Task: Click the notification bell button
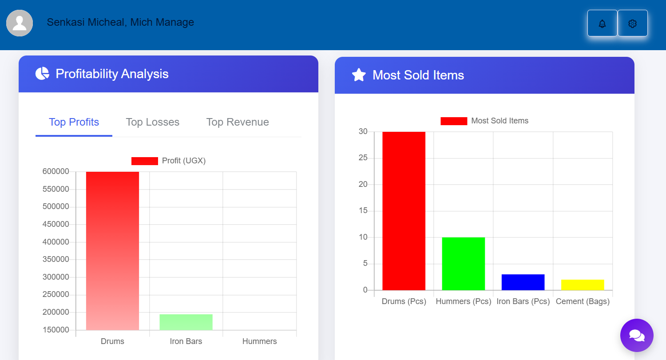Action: (602, 24)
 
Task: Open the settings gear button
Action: (633, 24)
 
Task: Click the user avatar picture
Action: (20, 23)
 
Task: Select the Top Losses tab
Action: (152, 122)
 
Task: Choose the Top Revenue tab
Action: (238, 122)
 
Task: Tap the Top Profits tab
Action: (74, 122)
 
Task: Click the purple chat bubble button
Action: (637, 335)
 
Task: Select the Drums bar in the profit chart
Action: (112, 251)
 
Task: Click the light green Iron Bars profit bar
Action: (186, 322)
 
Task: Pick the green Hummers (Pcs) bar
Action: (463, 264)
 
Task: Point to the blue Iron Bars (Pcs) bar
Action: (523, 282)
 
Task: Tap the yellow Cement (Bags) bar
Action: (583, 285)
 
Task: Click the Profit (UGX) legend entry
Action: (169, 161)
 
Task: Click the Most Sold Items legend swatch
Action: (453, 121)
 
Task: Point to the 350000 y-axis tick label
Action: (56, 259)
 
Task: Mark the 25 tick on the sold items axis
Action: (363, 158)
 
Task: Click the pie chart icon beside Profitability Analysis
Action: (42, 74)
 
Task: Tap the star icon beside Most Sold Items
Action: (359, 75)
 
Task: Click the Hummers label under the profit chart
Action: (259, 341)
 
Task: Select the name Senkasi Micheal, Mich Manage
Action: (120, 22)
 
